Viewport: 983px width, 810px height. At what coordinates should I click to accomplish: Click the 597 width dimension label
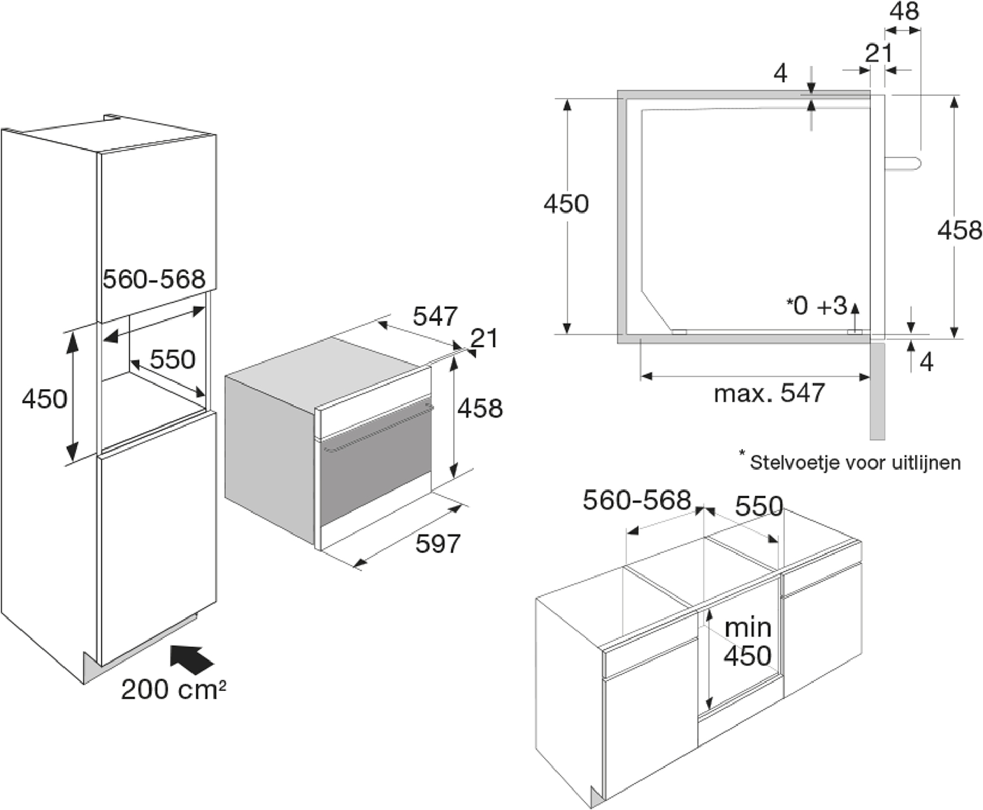[438, 543]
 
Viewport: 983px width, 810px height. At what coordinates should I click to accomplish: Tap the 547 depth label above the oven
[435, 316]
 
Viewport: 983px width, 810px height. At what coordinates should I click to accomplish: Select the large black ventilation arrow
[191, 659]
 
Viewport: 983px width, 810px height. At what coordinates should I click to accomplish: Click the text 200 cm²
[174, 689]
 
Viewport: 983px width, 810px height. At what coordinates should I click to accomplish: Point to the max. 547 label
[769, 393]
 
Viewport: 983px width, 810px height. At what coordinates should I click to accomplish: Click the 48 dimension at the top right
[904, 11]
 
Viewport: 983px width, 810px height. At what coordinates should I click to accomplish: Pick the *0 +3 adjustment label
[817, 306]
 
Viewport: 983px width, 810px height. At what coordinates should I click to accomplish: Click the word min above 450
[747, 627]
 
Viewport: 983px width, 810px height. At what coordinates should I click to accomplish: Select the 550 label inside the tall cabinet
[173, 359]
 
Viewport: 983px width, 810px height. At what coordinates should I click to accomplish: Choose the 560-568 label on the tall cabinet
[154, 279]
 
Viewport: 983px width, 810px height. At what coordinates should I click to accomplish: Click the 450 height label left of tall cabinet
[45, 398]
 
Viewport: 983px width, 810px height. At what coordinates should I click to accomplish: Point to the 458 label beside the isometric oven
[480, 408]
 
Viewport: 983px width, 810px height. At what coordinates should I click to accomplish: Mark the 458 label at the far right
[960, 230]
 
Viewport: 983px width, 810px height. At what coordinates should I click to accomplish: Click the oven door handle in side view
[903, 163]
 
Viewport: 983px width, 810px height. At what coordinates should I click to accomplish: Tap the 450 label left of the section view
[566, 203]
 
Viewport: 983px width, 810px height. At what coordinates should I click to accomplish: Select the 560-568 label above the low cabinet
[637, 500]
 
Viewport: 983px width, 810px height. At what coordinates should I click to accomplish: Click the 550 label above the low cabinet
[759, 506]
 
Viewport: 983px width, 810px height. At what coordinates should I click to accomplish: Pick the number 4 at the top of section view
[780, 74]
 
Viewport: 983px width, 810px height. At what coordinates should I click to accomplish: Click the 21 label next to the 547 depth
[483, 338]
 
